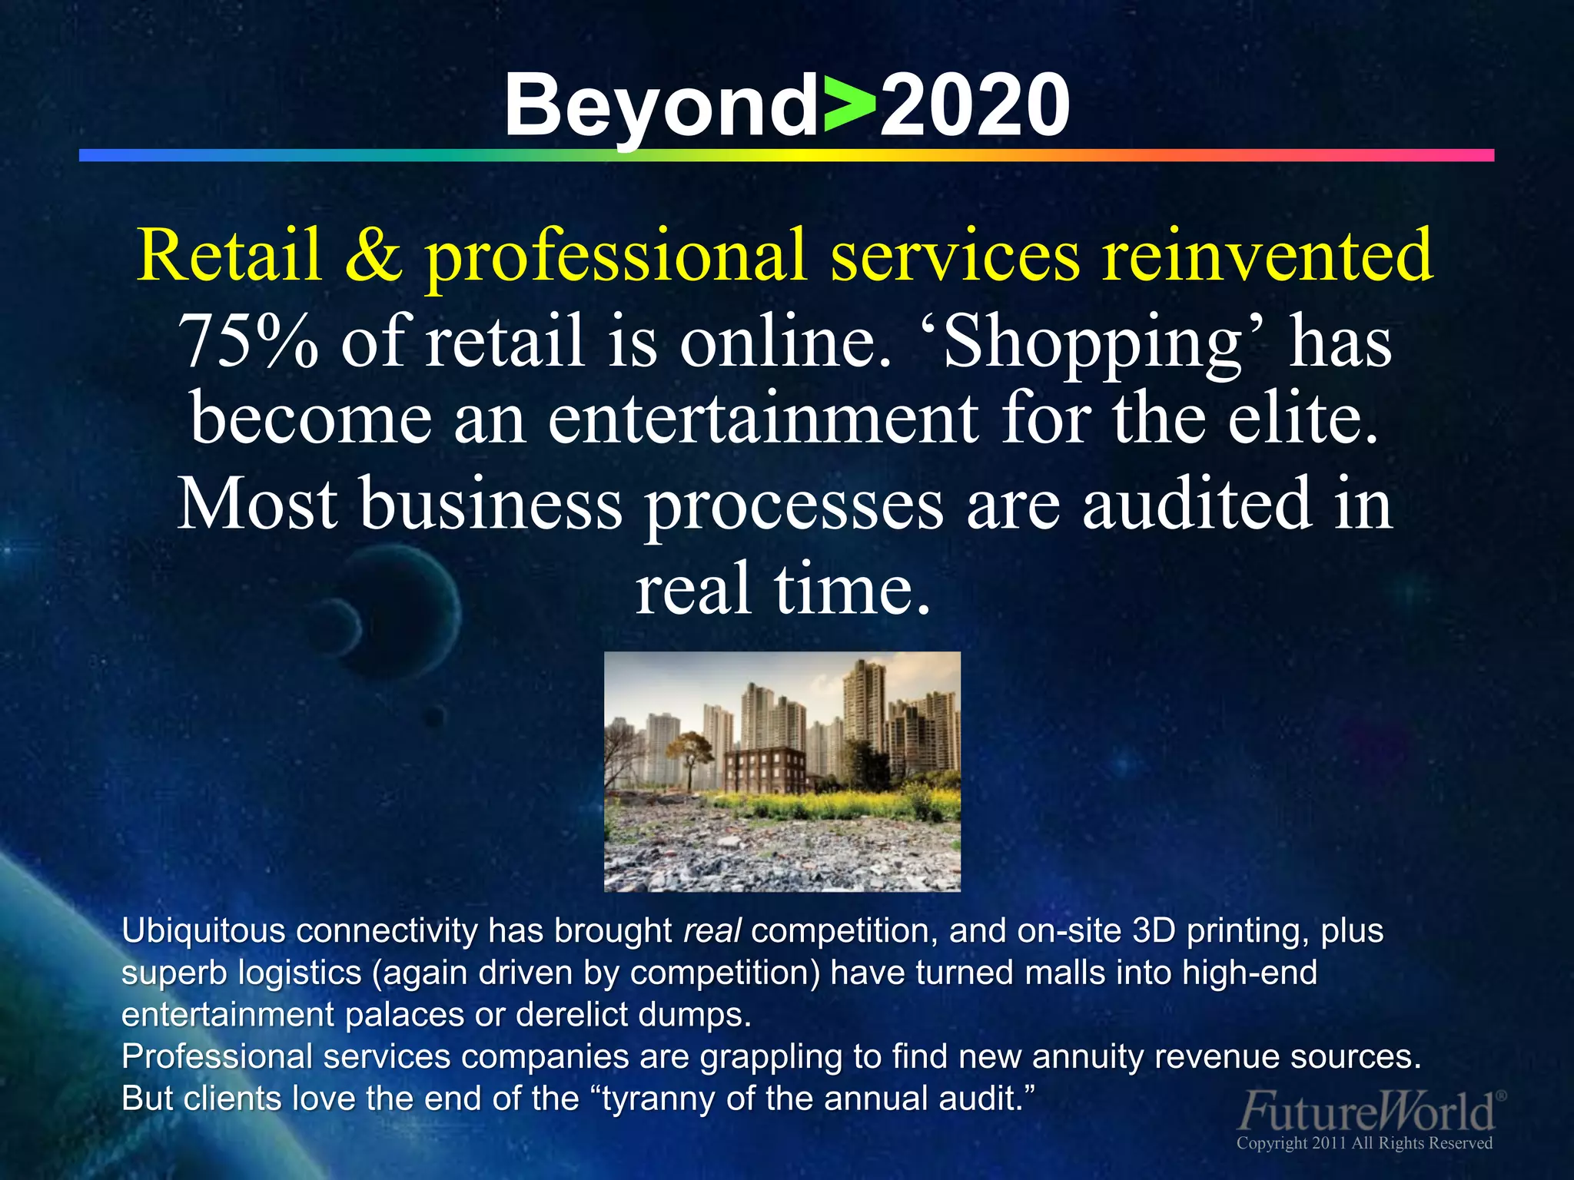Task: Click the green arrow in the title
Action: (x=849, y=105)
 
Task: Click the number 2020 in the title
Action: (x=974, y=105)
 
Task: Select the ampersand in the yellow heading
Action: (x=374, y=255)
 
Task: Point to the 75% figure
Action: (x=247, y=340)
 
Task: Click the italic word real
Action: (x=712, y=931)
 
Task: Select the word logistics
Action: (x=300, y=973)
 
